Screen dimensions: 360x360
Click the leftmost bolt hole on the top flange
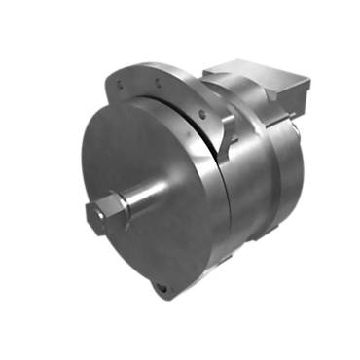(120, 85)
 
